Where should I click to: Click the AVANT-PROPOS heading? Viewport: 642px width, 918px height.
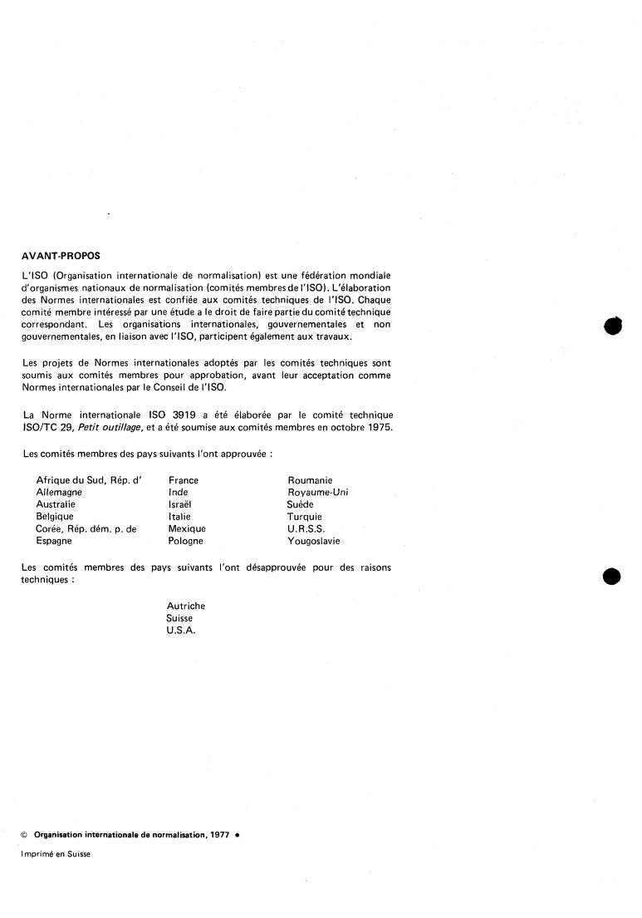point(61,256)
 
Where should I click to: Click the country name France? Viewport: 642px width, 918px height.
point(184,480)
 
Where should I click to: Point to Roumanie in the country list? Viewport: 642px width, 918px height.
point(310,480)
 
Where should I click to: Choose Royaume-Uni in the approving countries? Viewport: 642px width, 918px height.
point(317,492)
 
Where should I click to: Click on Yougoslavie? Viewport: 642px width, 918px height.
point(313,541)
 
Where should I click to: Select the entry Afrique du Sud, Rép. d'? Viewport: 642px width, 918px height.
point(89,480)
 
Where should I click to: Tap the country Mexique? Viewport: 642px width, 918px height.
point(187,528)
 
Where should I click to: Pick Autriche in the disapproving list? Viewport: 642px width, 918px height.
point(186,606)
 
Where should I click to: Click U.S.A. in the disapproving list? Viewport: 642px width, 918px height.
point(183,631)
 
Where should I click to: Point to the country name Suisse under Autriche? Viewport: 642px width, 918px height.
point(179,619)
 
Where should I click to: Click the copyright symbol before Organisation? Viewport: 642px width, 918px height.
point(24,833)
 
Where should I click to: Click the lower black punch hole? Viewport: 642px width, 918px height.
point(612,576)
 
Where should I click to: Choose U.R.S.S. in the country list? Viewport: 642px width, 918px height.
point(306,528)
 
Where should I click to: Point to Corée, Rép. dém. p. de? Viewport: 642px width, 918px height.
point(86,528)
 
